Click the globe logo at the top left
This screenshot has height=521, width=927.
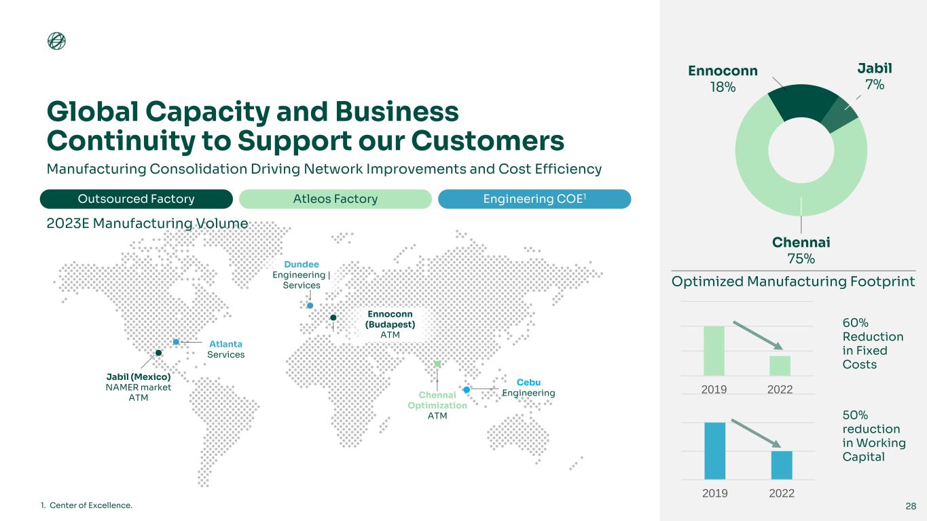pyautogui.click(x=56, y=41)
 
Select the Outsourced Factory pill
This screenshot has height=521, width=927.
pyautogui.click(x=136, y=199)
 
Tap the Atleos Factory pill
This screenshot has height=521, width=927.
pyautogui.click(x=335, y=199)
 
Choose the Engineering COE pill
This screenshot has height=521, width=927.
pyautogui.click(x=534, y=199)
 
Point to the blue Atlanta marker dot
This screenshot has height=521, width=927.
pyautogui.click(x=176, y=342)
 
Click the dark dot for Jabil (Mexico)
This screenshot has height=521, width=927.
pyautogui.click(x=158, y=353)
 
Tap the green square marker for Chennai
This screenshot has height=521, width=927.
pyautogui.click(x=437, y=364)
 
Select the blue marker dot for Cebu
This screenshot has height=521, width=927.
pyautogui.click(x=467, y=389)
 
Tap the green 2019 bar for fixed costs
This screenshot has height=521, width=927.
pyautogui.click(x=714, y=351)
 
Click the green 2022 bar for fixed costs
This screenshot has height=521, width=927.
pyautogui.click(x=780, y=366)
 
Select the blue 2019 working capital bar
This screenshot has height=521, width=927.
pyautogui.click(x=714, y=450)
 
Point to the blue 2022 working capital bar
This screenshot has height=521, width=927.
pyautogui.click(x=782, y=465)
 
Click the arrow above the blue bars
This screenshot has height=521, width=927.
pyautogui.click(x=756, y=433)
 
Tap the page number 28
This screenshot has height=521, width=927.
pyautogui.click(x=911, y=506)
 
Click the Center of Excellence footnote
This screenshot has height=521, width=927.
pyautogui.click(x=86, y=505)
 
